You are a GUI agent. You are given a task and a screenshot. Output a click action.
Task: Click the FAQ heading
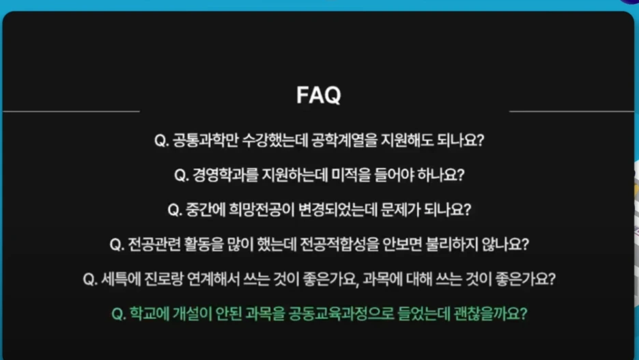(318, 95)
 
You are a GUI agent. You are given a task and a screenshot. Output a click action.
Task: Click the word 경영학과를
(225, 174)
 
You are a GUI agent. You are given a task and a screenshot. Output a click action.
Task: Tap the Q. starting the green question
(118, 315)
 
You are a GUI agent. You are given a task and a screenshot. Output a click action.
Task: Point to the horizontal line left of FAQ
(71, 111)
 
